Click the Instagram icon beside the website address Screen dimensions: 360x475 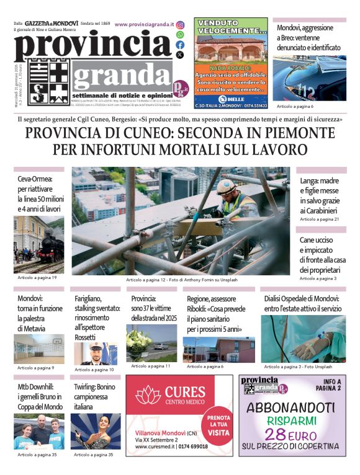tap(180, 25)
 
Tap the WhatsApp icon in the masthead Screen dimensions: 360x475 tap(180, 35)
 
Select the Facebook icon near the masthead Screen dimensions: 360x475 tap(180, 45)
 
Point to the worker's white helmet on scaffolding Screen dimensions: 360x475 tap(226, 185)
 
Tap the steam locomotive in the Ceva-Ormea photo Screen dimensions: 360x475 tap(49, 246)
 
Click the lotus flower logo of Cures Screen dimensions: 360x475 tap(147, 394)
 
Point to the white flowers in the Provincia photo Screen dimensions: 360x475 tap(139, 341)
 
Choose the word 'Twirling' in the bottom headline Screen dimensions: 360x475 tap(84, 386)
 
